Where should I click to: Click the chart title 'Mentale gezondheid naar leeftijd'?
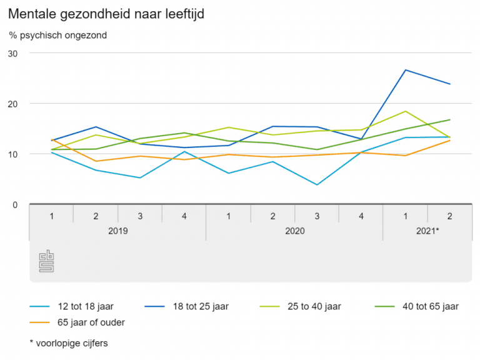tap(107, 14)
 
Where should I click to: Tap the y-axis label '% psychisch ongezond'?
tap(58, 35)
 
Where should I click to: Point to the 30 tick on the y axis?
tap(13, 53)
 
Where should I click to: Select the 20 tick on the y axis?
tap(13, 104)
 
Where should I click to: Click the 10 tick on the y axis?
tap(13, 154)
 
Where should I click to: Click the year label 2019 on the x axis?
tap(117, 231)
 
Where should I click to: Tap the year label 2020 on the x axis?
tap(294, 231)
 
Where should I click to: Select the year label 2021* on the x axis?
tap(427, 231)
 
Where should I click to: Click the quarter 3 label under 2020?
tap(317, 216)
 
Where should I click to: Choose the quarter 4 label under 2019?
tap(184, 216)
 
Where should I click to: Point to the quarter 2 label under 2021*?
tap(449, 216)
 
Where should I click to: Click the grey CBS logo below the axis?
tap(47, 261)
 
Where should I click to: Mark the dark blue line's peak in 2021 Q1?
tap(406, 70)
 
